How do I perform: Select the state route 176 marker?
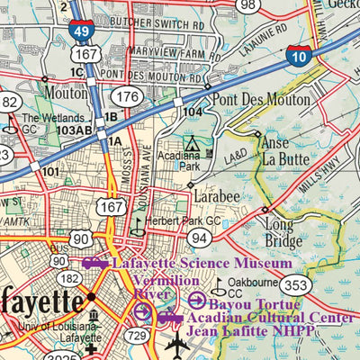tap(129, 96)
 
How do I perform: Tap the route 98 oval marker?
tap(249, 5)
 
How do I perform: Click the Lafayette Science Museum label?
tap(202, 264)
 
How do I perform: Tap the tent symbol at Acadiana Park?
tap(190, 143)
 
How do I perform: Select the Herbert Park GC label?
tap(184, 220)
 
